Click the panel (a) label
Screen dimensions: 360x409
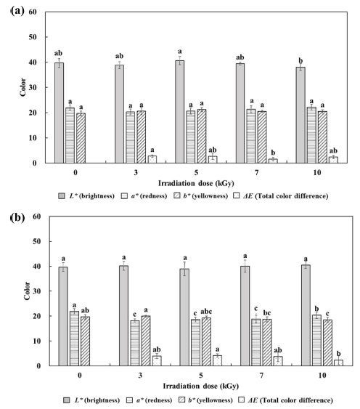click(17, 11)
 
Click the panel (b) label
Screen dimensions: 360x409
click(17, 217)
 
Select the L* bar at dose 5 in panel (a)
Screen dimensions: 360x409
click(179, 112)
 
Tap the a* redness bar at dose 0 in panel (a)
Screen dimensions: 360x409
click(70, 135)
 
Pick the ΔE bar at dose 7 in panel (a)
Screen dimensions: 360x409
click(273, 161)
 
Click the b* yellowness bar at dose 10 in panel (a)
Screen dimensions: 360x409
click(322, 137)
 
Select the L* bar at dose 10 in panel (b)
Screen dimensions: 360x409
click(306, 315)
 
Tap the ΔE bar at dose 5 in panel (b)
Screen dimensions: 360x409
click(218, 361)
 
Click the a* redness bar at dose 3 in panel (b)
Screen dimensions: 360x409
click(135, 344)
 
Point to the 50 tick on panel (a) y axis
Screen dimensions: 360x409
click(33, 37)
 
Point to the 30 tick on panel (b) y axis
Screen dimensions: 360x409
click(37, 291)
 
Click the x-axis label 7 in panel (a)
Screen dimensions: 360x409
click(257, 173)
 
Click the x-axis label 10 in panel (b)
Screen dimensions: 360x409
click(322, 376)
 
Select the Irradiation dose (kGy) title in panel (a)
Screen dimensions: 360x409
click(196, 183)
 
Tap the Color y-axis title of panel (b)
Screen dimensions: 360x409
click(27, 291)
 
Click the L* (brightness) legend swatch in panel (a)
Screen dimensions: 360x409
click(61, 196)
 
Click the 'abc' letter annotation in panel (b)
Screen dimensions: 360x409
click(206, 312)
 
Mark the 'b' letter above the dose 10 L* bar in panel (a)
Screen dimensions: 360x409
click(300, 61)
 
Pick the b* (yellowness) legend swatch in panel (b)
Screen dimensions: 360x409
click(182, 400)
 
